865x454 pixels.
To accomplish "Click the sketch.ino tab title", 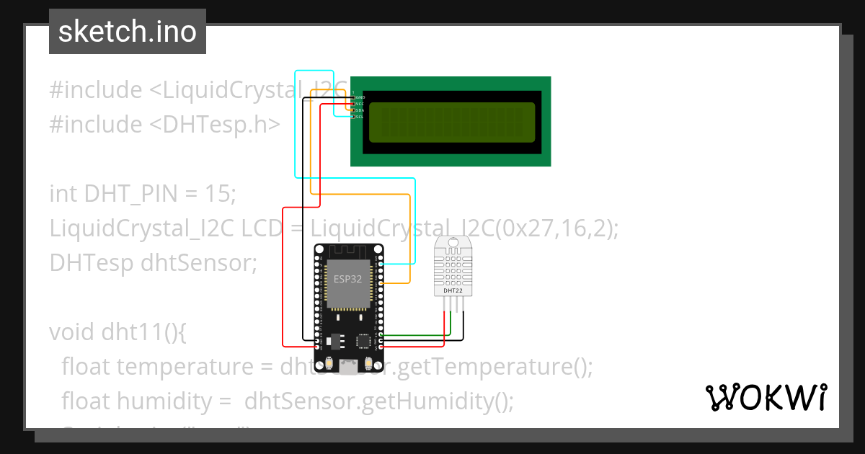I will click(x=127, y=32).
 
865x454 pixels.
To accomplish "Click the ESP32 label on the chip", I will click(x=347, y=278).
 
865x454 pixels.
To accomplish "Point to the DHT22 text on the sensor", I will click(x=448, y=290).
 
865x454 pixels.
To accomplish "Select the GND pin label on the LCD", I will click(x=360, y=97).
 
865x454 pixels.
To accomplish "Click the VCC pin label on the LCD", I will click(x=360, y=103).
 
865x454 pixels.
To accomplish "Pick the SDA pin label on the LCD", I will click(x=360, y=110).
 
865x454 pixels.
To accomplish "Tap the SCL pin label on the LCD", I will click(x=360, y=116).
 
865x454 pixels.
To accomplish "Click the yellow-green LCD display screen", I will click(x=452, y=123).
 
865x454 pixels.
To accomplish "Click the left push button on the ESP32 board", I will click(x=329, y=363).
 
